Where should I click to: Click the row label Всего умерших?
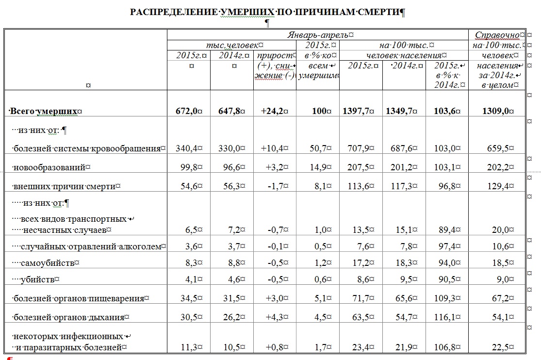pos(44,111)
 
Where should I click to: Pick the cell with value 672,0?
pos(187,111)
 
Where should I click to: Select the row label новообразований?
pos(49,167)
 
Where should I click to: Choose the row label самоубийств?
pos(49,263)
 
